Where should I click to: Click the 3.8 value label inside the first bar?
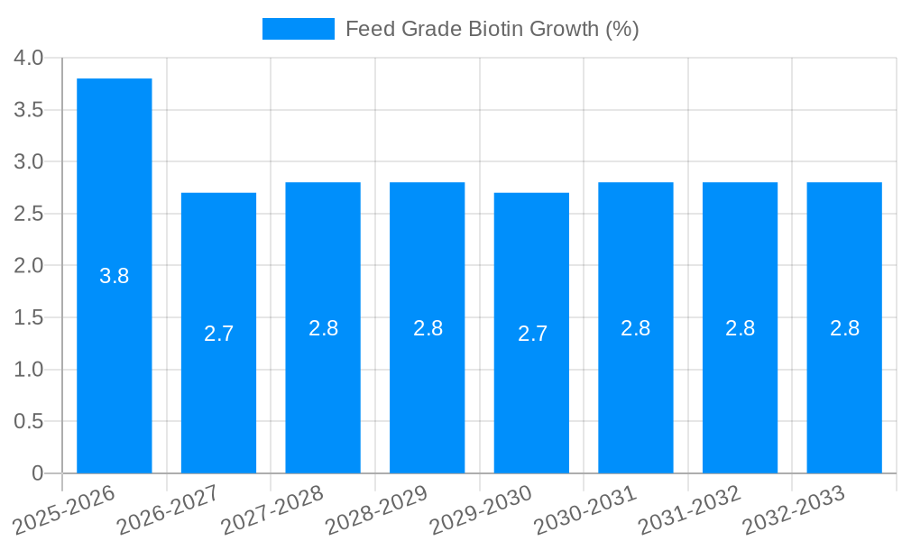click(115, 277)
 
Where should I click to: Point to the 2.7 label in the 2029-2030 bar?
click(532, 334)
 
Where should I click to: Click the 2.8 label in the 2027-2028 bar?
click(323, 328)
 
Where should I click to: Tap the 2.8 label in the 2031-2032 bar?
click(741, 328)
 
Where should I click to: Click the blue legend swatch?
click(298, 29)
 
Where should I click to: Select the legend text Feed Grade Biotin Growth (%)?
click(492, 29)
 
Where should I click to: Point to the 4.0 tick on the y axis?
click(29, 58)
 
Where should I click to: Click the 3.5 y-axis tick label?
click(29, 110)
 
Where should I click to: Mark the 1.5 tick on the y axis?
click(29, 317)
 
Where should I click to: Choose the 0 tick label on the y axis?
click(37, 473)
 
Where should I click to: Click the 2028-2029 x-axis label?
click(377, 509)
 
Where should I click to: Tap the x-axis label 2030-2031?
click(585, 509)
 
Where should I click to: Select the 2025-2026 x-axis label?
click(64, 509)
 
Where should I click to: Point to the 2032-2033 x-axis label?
click(794, 509)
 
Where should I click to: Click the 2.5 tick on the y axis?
click(29, 214)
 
